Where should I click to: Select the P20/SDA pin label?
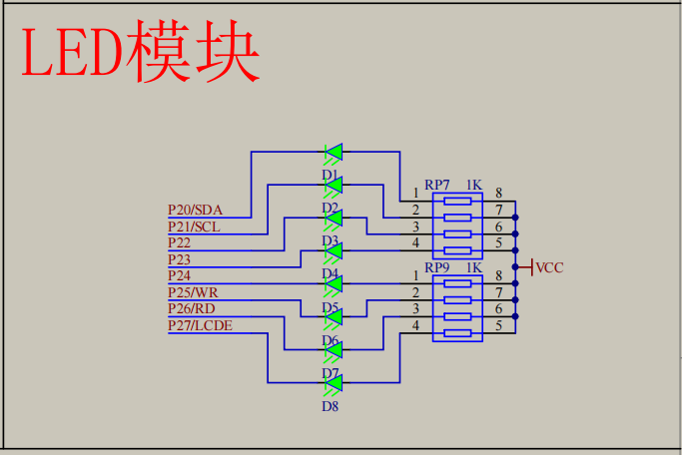tap(195, 210)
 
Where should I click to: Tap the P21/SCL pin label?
tap(194, 227)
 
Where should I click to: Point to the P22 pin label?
tap(180, 242)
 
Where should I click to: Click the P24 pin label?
tap(180, 275)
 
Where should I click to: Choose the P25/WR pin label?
tap(193, 292)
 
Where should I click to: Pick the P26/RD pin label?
tap(192, 308)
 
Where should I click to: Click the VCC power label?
tap(549, 267)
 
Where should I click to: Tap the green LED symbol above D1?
tap(334, 153)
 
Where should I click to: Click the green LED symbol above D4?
tap(334, 251)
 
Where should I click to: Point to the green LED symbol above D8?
tap(334, 383)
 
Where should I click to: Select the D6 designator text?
tap(331, 340)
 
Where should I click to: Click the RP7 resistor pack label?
tap(437, 185)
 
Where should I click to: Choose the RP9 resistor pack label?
tap(437, 267)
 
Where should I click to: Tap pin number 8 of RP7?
tap(498, 193)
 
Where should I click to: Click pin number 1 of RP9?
tap(415, 275)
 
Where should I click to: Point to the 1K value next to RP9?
tap(473, 267)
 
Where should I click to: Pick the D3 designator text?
tap(331, 240)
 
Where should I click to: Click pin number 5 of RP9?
tap(498, 325)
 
